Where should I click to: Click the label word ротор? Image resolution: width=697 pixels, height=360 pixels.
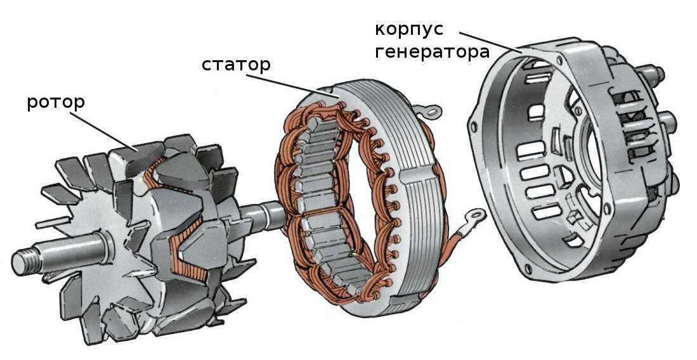[56, 103]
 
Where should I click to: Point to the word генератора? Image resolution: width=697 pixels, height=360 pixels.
[431, 52]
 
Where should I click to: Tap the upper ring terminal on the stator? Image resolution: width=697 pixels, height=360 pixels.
[434, 113]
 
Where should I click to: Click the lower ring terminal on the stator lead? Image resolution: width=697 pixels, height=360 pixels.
[474, 219]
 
